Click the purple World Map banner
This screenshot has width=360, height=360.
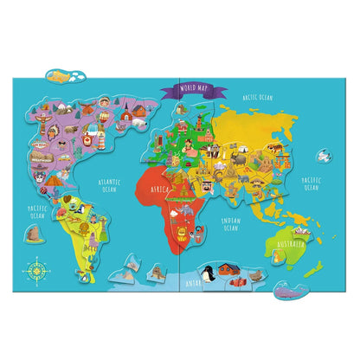point(195,87)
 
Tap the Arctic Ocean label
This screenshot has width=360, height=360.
point(257,98)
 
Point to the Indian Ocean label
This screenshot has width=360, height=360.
point(232,223)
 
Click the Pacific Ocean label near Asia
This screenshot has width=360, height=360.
point(312,183)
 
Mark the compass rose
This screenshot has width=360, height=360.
point(38,270)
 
